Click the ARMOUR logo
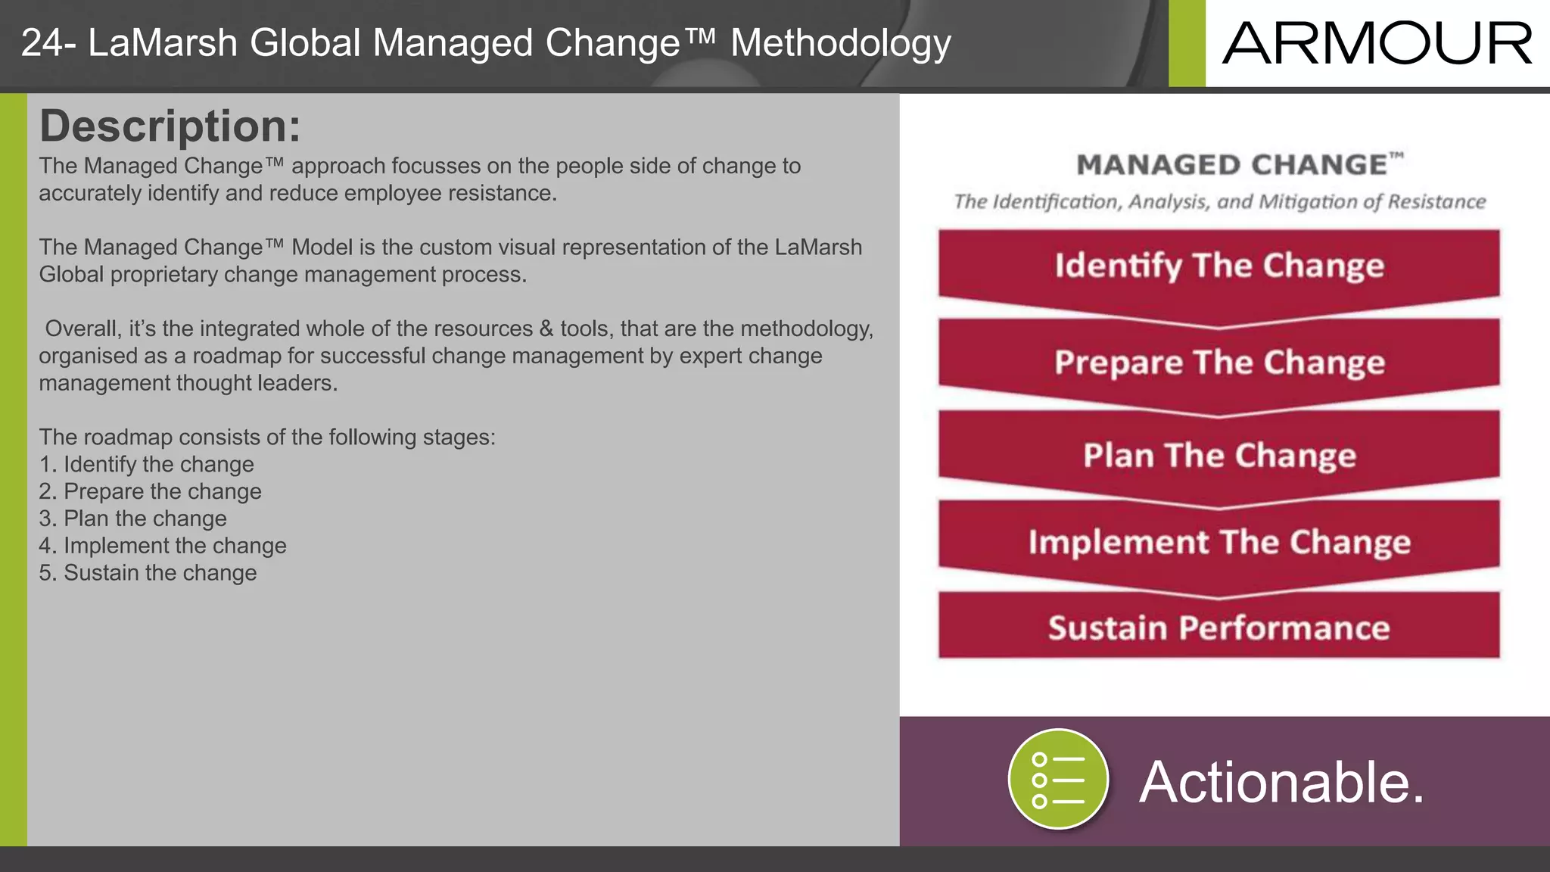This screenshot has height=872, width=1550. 1377,43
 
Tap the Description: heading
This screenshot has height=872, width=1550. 170,126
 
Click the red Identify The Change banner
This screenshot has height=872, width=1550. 1219,266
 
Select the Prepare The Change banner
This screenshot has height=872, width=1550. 1219,362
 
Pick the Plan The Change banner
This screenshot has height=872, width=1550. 1219,455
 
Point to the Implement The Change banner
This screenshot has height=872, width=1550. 1219,542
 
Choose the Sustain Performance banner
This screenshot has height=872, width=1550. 1219,628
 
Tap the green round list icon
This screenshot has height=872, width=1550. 1058,780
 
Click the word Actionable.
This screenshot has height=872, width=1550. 1281,782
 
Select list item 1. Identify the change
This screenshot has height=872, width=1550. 147,464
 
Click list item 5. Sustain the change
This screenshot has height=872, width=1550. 148,573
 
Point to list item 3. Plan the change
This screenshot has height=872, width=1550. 133,519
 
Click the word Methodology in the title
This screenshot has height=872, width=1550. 840,43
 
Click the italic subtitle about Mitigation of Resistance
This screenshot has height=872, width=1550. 1219,201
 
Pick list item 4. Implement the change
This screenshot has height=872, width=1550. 163,546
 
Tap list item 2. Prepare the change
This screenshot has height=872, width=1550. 151,491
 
